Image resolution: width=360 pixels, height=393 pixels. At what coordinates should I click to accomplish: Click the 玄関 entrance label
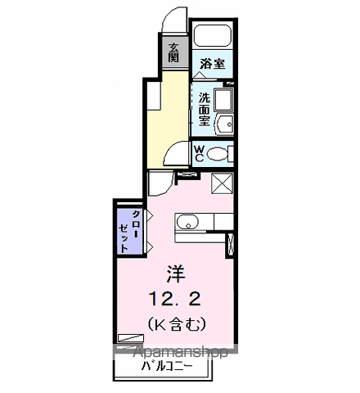click(x=173, y=52)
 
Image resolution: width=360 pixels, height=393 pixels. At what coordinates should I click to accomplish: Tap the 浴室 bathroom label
click(x=213, y=64)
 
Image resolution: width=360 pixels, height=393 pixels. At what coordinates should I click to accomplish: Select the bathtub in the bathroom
click(x=213, y=36)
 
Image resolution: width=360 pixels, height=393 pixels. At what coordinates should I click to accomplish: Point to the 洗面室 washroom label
click(x=204, y=110)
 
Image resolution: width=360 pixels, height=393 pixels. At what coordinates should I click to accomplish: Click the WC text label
click(x=199, y=154)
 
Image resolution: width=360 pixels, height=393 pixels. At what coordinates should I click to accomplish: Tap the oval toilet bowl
click(x=217, y=154)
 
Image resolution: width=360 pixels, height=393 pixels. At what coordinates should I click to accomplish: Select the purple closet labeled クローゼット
click(x=130, y=231)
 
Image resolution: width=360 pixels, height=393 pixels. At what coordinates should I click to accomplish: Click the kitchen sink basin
click(x=187, y=222)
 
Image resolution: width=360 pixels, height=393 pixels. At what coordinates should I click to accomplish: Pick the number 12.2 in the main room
click(x=174, y=298)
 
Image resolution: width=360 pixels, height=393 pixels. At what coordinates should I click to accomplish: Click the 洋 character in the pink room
click(x=176, y=274)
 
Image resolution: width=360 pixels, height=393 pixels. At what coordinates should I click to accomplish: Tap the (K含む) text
click(x=177, y=324)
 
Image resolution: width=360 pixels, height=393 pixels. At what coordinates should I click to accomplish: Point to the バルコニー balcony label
click(x=167, y=366)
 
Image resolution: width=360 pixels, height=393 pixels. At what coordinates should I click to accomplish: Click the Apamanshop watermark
click(x=180, y=352)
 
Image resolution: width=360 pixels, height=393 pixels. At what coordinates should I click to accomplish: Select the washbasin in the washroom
click(x=225, y=124)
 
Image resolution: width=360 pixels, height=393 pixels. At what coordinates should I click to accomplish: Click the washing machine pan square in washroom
click(x=223, y=100)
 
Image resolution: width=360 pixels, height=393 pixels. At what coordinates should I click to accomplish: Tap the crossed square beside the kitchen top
click(x=222, y=183)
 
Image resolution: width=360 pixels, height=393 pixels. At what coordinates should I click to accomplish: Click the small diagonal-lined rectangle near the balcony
click(x=130, y=338)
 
